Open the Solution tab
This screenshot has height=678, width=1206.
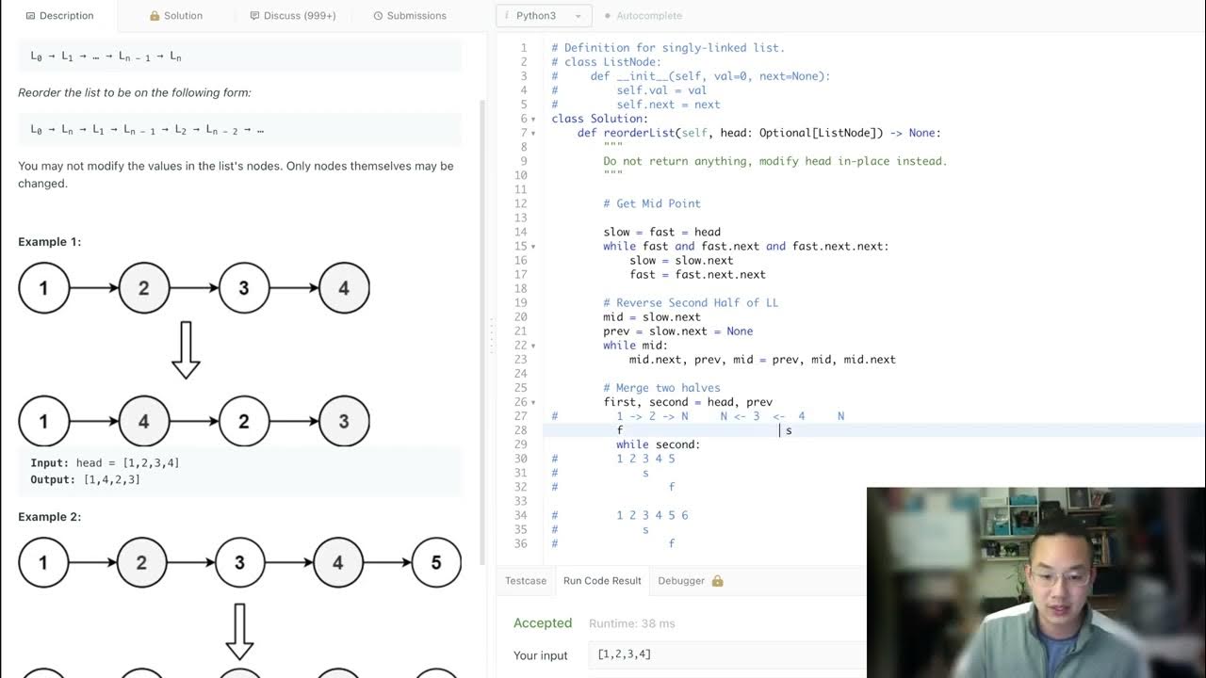point(176,16)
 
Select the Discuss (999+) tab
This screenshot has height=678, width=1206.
point(293,16)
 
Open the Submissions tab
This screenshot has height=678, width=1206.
point(410,16)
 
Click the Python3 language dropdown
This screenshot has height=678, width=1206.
point(544,16)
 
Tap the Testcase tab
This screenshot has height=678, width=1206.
point(526,581)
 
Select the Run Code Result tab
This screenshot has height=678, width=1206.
point(602,581)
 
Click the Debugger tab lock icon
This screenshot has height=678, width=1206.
point(717,581)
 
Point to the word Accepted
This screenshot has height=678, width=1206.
point(543,623)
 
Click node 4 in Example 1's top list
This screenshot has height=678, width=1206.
point(344,288)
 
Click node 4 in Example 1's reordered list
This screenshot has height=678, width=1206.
point(143,421)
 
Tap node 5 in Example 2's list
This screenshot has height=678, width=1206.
point(435,562)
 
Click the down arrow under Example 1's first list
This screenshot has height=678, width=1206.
point(186,349)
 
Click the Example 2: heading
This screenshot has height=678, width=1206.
point(50,517)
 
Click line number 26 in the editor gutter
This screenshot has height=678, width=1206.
point(521,402)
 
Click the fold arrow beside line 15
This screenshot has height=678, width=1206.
point(533,247)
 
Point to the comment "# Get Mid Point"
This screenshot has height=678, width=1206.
point(652,203)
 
